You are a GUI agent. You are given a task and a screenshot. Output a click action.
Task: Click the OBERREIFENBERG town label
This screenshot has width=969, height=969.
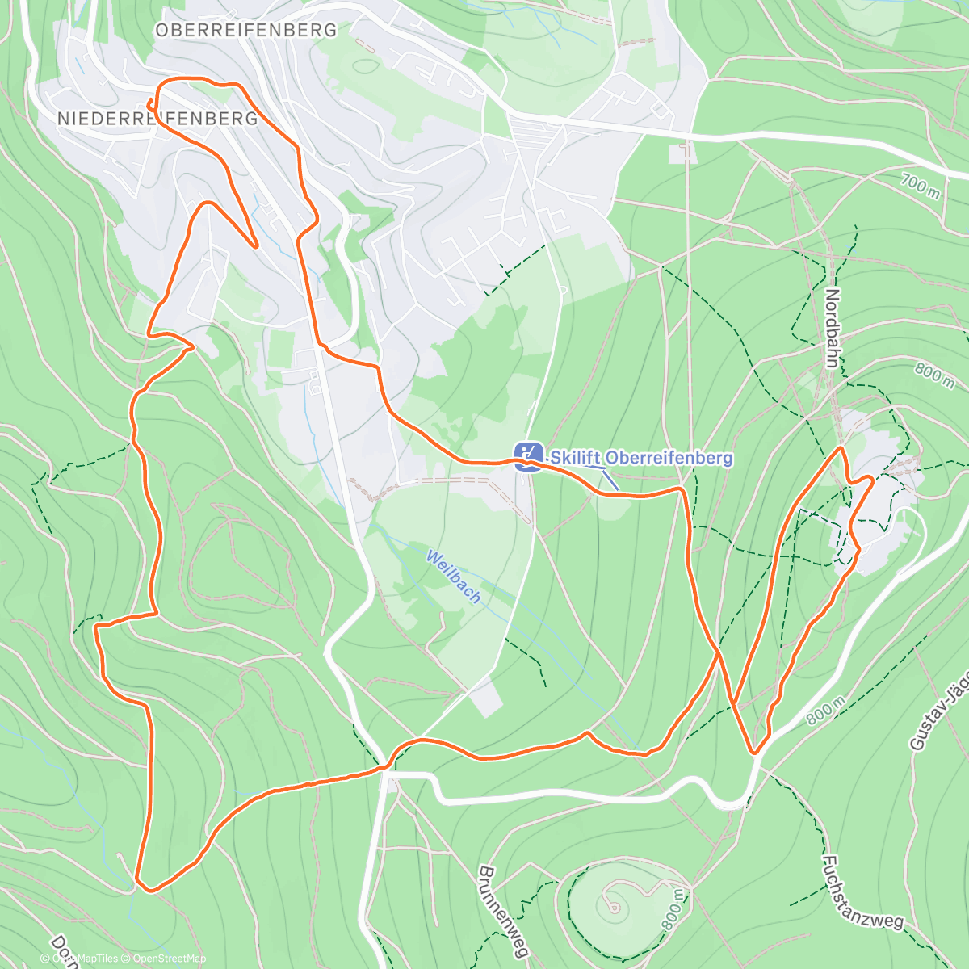tap(246, 30)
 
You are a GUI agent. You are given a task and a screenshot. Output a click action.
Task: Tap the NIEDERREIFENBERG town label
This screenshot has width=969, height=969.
tap(157, 119)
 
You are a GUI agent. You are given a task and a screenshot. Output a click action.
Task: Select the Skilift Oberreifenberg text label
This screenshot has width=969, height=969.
tap(641, 458)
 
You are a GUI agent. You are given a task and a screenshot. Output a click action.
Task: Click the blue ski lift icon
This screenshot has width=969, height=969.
tap(528, 457)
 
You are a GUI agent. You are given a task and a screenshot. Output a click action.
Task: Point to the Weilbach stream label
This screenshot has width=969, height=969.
tap(454, 577)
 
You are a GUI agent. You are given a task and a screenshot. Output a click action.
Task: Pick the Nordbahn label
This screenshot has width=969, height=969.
tap(833, 328)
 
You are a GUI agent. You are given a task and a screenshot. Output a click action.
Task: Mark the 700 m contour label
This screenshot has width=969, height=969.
tap(920, 187)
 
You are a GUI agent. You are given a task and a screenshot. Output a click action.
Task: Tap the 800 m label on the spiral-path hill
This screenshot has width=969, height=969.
tap(675, 910)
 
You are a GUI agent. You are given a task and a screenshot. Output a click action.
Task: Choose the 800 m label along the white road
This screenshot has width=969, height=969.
tap(825, 711)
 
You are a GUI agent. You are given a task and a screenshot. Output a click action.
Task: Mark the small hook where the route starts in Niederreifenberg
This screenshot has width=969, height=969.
tap(151, 103)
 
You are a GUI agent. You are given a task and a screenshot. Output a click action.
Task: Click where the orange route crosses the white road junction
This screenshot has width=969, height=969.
tap(386, 768)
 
